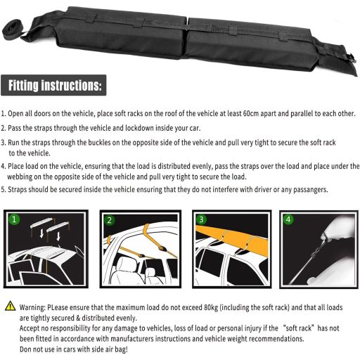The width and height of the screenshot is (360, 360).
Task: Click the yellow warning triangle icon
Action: [x=11, y=306]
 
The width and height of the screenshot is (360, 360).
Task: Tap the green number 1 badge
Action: [x=14, y=219]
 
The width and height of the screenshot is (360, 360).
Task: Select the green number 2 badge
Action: [x=109, y=220]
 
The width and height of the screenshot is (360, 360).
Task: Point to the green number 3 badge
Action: [x=201, y=219]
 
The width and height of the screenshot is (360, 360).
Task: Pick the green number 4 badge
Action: [x=288, y=219]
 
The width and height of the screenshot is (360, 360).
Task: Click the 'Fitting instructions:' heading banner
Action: [x=53, y=85]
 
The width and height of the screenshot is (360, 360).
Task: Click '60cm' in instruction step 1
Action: [x=251, y=113]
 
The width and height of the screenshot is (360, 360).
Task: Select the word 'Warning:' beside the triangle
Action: [x=32, y=307]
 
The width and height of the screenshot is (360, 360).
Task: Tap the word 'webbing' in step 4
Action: [x=20, y=176]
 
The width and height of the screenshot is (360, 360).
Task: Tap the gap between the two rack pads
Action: [x=187, y=37]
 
